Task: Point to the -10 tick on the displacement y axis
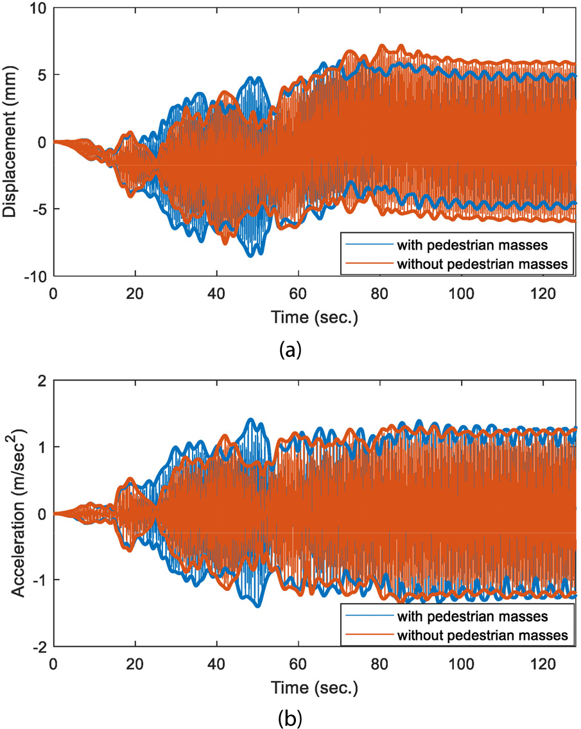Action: (x=35, y=277)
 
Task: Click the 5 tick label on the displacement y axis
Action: (x=42, y=75)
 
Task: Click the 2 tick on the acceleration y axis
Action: (x=42, y=381)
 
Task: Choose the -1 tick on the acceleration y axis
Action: (x=39, y=581)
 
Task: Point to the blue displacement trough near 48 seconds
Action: (x=250, y=255)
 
